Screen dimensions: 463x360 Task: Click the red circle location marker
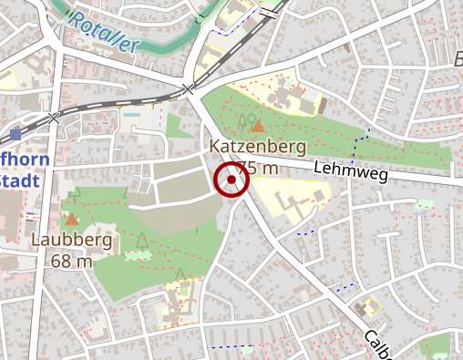click(x=231, y=180)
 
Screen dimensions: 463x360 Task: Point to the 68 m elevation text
click(x=72, y=262)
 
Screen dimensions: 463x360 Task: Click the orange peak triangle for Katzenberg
click(x=258, y=127)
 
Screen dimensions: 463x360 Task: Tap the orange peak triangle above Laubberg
click(x=72, y=219)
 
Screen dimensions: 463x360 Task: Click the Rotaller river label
click(x=105, y=33)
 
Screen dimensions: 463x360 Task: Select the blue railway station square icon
click(x=15, y=132)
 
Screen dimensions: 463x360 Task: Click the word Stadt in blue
click(x=20, y=180)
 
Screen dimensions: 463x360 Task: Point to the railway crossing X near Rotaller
click(x=188, y=88)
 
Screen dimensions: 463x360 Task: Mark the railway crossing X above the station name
click(x=54, y=118)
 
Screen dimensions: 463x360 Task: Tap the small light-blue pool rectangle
click(x=135, y=116)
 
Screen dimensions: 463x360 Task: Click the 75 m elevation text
click(x=260, y=168)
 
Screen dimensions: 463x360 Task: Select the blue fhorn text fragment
click(x=22, y=159)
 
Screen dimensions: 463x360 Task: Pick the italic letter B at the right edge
click(x=458, y=60)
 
